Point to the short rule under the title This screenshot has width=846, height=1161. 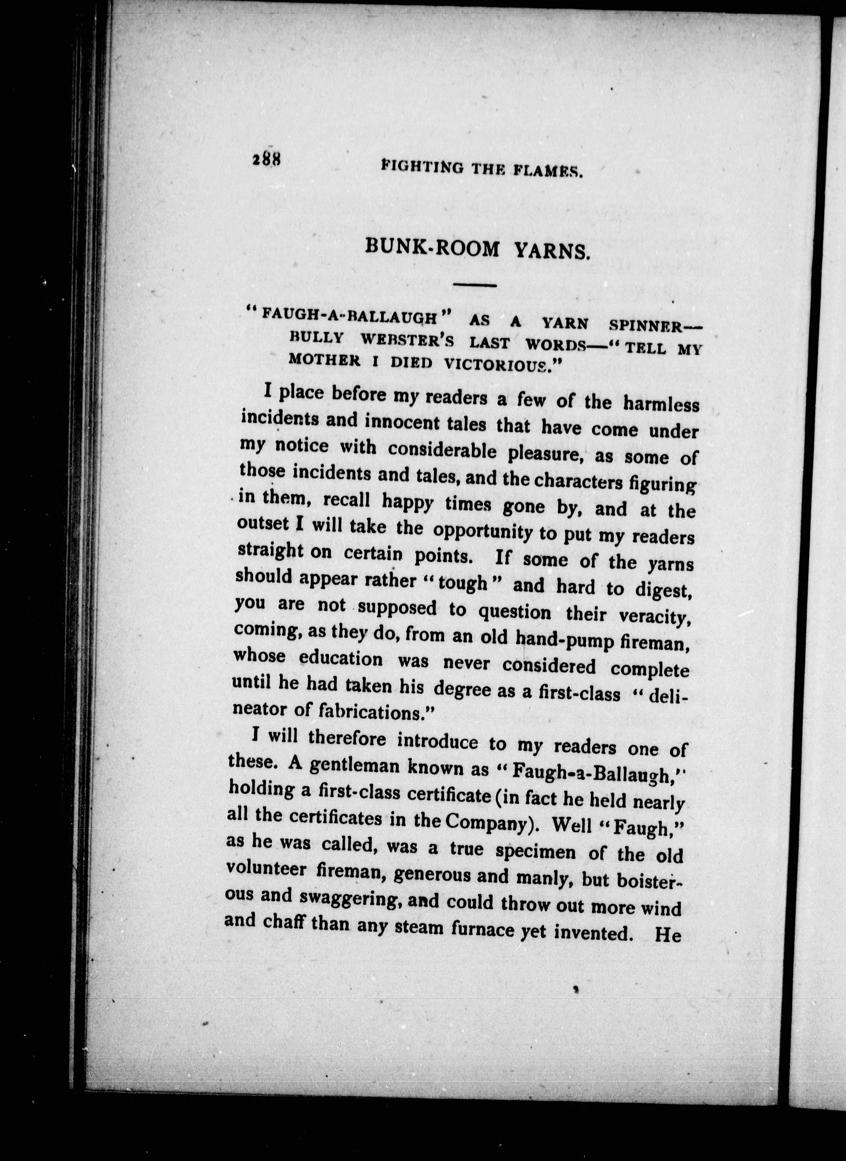point(475,285)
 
